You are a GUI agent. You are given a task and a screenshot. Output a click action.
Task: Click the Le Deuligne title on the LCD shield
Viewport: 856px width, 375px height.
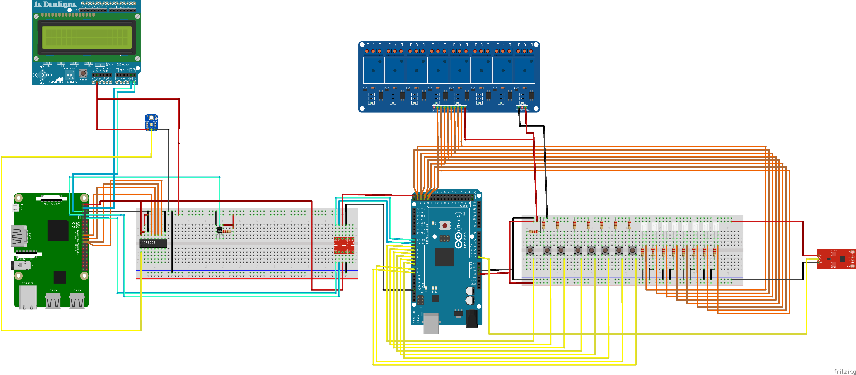pos(55,5)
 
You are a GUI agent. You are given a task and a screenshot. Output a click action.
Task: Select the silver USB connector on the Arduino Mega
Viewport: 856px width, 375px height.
pos(431,322)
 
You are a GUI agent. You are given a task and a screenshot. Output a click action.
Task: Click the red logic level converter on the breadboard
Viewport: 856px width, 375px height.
pos(344,245)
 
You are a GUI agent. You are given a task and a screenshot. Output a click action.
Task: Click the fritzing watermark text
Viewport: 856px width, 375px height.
pos(844,371)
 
